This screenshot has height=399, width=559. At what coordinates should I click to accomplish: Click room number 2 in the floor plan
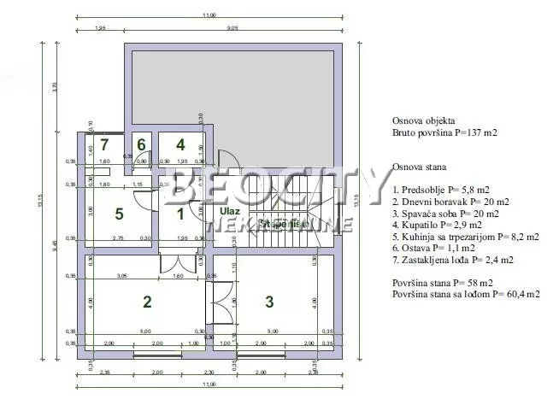tap(147, 301)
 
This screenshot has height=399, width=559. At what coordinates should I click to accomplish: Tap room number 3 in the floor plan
tap(269, 301)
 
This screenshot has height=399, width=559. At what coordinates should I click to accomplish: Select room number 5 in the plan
tap(121, 214)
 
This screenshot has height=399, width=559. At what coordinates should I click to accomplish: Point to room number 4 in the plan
tap(180, 144)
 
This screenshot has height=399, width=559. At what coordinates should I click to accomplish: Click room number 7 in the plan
tap(104, 144)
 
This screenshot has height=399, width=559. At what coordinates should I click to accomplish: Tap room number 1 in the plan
tap(180, 214)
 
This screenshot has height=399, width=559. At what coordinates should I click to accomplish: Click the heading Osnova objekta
tap(424, 122)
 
